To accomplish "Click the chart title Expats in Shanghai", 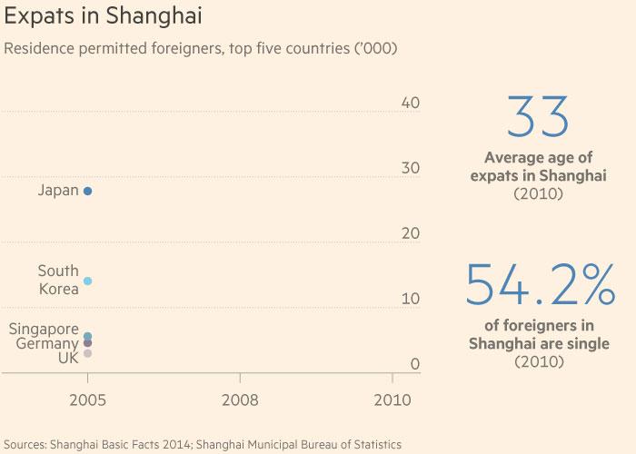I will tap(103, 17).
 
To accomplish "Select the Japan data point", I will tap(87, 191).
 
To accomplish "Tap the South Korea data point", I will tap(87, 281).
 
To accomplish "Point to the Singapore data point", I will tap(87, 336).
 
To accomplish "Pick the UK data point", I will tap(87, 353).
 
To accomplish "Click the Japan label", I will tap(58, 191).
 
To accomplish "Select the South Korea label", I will tap(58, 280).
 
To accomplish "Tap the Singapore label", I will tap(44, 330).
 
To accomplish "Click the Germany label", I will tap(47, 344).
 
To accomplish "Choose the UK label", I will tap(68, 359).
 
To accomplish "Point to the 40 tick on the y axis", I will tap(410, 103).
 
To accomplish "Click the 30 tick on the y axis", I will tap(410, 168).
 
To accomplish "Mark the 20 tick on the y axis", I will tap(410, 233).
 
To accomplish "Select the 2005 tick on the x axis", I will tap(87, 399).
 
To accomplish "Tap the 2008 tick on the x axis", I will tap(240, 399).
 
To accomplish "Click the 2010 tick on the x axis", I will tap(392, 399).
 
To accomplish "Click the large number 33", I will tap(539, 118).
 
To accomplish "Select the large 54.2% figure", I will tap(540, 286).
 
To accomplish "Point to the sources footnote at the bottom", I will tap(202, 445).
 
